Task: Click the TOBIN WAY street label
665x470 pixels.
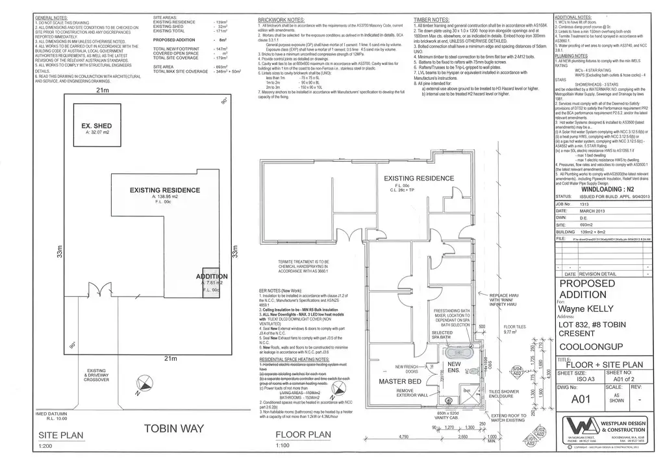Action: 174,429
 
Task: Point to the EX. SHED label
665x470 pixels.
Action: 96,126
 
